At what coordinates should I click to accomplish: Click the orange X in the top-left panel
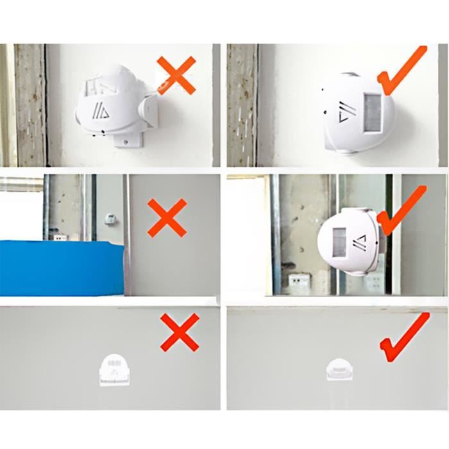[176, 74]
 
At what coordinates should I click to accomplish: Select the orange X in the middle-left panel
[167, 217]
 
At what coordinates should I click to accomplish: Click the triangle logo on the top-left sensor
[99, 110]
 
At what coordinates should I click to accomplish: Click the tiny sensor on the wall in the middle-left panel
[110, 219]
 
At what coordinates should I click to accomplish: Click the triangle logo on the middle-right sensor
[361, 242]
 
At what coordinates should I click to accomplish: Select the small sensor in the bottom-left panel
[115, 371]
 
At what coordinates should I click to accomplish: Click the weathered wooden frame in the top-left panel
[30, 103]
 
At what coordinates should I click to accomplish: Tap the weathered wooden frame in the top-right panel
[242, 103]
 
